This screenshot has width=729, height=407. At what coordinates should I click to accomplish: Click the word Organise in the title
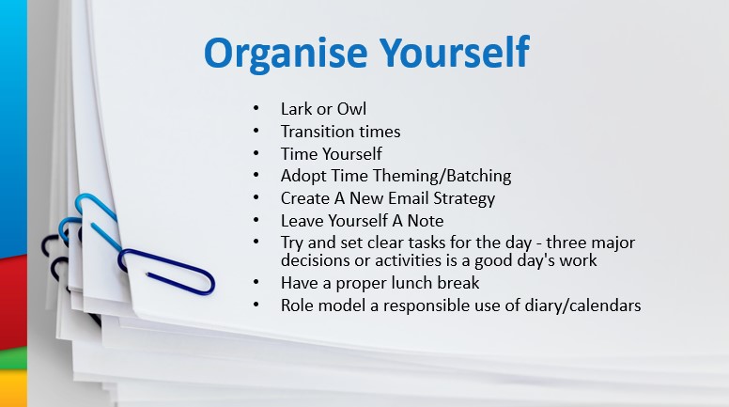coord(286,53)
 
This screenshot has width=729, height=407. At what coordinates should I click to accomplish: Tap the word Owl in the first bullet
coord(351,109)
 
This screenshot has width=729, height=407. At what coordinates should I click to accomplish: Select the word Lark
coord(296,109)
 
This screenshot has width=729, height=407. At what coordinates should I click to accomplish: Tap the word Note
coord(426,221)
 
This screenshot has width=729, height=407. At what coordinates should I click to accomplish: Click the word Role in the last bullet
coord(297,305)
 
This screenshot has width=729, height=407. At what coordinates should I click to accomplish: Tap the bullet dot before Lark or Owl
coord(256,108)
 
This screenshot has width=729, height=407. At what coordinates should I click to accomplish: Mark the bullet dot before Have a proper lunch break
coord(256,282)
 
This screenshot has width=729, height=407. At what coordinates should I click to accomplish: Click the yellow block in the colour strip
coord(13,388)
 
